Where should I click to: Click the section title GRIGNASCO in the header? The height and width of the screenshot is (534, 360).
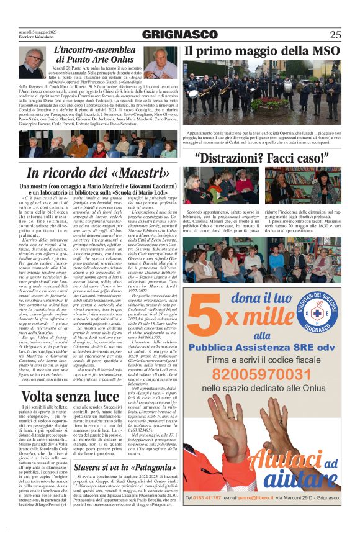click(x=180, y=35)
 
